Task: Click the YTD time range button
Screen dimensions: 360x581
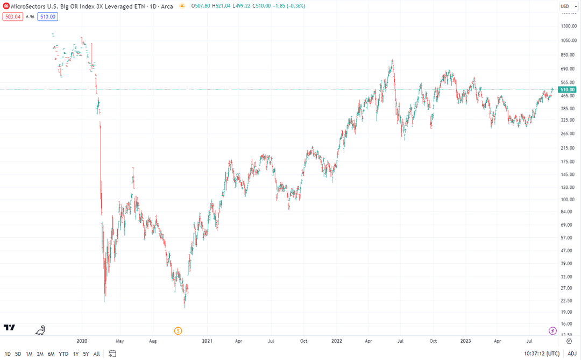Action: [63, 354]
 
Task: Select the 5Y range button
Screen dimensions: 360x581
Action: [86, 354]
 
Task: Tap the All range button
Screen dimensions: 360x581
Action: [96, 354]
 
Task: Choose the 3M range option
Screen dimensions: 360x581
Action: [40, 354]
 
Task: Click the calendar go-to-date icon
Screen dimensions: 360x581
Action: [112, 354]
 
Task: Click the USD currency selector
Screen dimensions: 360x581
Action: [565, 6]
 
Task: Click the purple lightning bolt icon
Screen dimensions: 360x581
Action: [552, 330]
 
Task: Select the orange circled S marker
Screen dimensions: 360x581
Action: [179, 330]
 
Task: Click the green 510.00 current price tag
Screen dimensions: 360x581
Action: [568, 89]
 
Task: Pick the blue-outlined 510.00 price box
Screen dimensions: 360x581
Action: [47, 17]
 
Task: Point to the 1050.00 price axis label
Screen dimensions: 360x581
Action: [568, 40]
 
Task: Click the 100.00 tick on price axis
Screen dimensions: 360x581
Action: [567, 200]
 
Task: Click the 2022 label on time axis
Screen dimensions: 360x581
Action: [336, 341]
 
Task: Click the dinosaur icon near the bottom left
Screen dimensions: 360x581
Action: [40, 330]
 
